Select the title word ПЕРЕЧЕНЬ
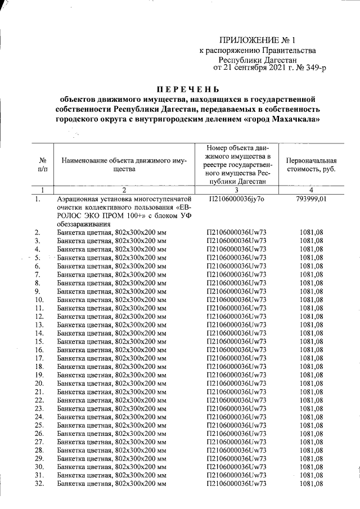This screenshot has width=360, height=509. pyautogui.click(x=188, y=89)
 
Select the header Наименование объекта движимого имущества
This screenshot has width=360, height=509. pyautogui.click(x=124, y=165)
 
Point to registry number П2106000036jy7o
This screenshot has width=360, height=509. pyautogui.click(x=236, y=199)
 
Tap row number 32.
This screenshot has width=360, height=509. pyautogui.click(x=39, y=483)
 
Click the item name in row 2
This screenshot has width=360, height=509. pyautogui.click(x=112, y=232)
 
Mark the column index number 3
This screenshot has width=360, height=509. pyautogui.click(x=236, y=190)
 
